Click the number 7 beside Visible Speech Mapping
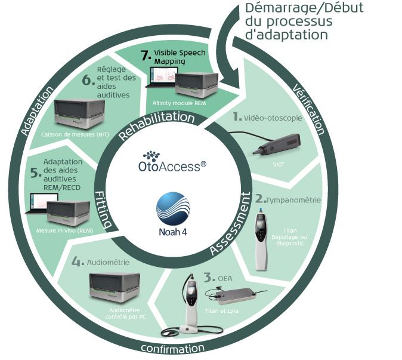click(144, 55)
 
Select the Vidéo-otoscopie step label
click(271, 118)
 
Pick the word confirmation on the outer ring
click(174, 347)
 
